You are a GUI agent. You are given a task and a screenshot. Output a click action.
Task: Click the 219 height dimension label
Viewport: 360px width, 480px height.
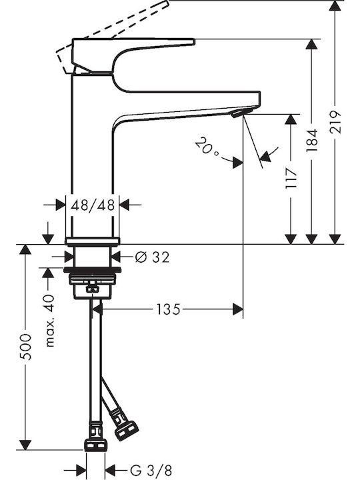click(x=335, y=122)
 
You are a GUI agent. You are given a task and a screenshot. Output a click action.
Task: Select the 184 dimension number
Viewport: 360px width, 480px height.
click(x=311, y=141)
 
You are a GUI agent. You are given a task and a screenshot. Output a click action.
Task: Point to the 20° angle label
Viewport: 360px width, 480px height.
click(x=207, y=147)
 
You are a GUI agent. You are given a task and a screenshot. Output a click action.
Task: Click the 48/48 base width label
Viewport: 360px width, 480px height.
click(x=93, y=205)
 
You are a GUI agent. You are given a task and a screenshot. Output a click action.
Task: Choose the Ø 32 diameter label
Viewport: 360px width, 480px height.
click(x=152, y=257)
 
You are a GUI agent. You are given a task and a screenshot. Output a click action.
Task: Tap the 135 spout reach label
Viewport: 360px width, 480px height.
click(x=168, y=309)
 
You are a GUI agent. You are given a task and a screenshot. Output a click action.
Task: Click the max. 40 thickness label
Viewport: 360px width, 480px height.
click(x=49, y=321)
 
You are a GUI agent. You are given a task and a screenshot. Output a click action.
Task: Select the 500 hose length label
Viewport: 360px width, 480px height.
click(x=25, y=347)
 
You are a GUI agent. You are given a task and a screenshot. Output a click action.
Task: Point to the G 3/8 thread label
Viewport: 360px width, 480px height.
click(x=151, y=470)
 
